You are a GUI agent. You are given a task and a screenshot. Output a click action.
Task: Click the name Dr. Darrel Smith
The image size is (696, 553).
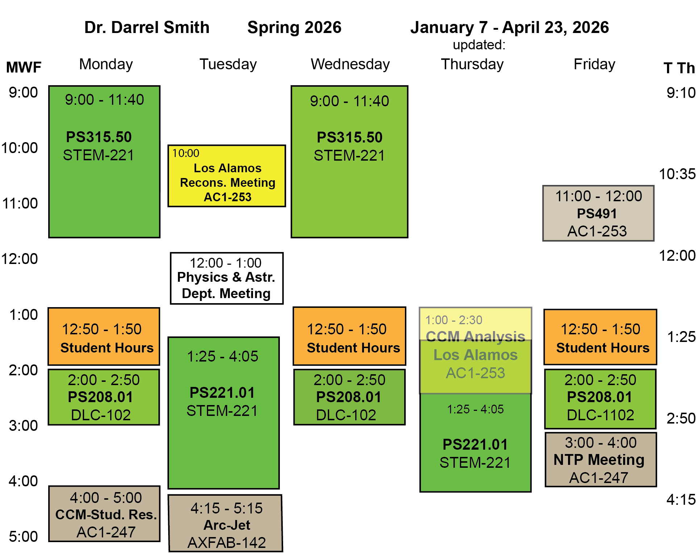pos(147,28)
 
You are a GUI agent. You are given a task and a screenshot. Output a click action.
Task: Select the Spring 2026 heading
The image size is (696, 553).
pos(294,28)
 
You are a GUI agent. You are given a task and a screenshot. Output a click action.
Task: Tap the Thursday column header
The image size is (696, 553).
pos(472,64)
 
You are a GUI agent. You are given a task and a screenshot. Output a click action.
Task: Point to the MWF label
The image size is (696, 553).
pos(24,67)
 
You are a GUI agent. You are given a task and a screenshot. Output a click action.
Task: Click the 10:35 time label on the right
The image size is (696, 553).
pos(677,174)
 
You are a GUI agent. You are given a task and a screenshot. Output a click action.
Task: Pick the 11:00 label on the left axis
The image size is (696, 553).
pos(20,203)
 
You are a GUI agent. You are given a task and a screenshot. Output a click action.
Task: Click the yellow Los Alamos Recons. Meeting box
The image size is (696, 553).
pos(227,176)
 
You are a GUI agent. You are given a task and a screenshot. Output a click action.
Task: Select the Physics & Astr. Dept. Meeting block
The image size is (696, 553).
pos(227,278)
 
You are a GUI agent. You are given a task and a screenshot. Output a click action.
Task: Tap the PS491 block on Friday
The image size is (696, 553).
pos(598,213)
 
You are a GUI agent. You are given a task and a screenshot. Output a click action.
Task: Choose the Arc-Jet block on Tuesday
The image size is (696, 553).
pos(225,523)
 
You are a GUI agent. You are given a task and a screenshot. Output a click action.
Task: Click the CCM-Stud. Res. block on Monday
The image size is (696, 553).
pos(104,514)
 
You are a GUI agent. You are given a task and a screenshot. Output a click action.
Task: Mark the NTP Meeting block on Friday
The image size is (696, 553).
pos(600,460)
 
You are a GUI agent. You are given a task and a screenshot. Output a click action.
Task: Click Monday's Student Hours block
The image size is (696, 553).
pos(104,337)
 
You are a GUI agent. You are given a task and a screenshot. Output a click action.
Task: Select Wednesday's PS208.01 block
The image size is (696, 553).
pos(349,397)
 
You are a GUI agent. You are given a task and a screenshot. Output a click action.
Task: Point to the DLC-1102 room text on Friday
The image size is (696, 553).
pos(600,415)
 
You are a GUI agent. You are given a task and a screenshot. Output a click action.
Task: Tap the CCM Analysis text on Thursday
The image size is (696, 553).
pos(475,336)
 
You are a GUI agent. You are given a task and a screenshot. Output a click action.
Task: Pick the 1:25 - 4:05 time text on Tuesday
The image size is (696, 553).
pos(222,356)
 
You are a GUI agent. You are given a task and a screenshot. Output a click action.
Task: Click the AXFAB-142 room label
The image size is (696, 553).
pos(227,542)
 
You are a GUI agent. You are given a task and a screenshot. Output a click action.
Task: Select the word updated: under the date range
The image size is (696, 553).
pos(479,45)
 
